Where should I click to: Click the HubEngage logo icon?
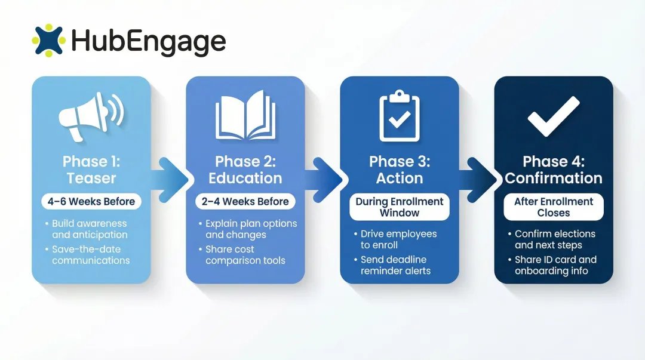tap(48, 40)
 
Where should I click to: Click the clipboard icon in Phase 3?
tap(399, 116)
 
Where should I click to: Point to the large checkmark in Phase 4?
tap(553, 116)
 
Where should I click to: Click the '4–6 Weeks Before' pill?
tap(91, 201)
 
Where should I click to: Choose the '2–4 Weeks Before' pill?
tap(245, 201)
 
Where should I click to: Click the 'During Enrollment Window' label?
tap(400, 207)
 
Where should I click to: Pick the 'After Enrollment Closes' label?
tap(554, 207)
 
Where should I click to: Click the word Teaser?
tap(91, 178)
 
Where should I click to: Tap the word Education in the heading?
tap(245, 178)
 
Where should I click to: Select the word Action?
tap(400, 178)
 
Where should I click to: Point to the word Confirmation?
tap(554, 178)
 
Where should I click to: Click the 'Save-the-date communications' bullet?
tap(90, 255)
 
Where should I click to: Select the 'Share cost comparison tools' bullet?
tap(245, 255)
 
